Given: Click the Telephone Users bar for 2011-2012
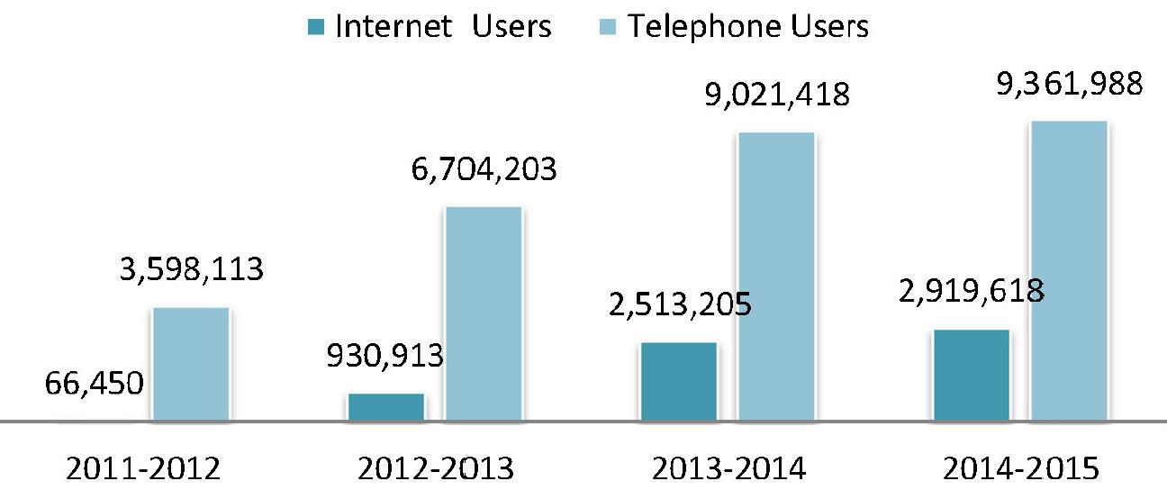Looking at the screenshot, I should pos(191,365).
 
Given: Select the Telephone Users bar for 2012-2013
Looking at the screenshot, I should pos(484,314).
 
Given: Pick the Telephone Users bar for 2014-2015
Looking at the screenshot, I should pos(1069,271).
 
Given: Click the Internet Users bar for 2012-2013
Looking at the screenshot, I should pos(385,407).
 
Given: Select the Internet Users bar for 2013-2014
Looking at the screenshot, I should pos(679,382).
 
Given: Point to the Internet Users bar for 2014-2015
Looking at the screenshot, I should pos(972,376).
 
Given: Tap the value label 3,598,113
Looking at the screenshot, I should pos(190,269).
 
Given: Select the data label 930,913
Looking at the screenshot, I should pos(384,356).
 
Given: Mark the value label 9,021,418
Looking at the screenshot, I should pos(776,95).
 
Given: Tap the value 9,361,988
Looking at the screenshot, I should pos(1069,83).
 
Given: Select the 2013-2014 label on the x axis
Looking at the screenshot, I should pos(728,470).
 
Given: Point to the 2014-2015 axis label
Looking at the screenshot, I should pos(1021,470).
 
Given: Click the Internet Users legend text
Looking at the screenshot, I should pos(443,26).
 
